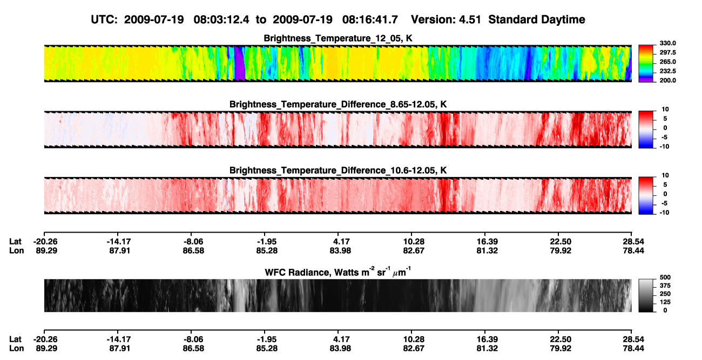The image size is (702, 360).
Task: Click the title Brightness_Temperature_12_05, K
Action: [338, 38]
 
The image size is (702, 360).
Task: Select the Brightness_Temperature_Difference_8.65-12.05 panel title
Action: [338, 104]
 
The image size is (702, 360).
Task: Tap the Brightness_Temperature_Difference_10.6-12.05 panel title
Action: [338, 171]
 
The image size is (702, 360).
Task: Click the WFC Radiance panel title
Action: [338, 271]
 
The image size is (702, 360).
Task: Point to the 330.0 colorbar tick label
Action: [667, 43]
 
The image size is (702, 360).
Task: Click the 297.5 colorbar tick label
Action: [667, 52]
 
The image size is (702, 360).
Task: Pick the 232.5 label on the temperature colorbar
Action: [667, 71]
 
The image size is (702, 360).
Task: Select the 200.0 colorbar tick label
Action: [667, 80]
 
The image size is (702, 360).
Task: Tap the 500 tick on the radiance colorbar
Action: [665, 277]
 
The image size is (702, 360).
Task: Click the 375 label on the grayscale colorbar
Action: [665, 286]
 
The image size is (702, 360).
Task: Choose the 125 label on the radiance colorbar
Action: [665, 302]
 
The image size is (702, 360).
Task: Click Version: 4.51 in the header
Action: [446, 19]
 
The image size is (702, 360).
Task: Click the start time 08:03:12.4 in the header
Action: [221, 19]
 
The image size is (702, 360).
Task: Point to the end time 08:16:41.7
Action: [370, 19]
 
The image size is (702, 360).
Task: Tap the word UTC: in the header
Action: [104, 19]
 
